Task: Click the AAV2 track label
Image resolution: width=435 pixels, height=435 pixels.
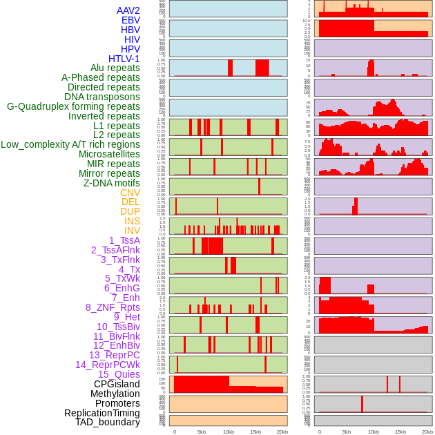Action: coord(128,10)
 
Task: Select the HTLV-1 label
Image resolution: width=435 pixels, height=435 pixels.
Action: coord(124,59)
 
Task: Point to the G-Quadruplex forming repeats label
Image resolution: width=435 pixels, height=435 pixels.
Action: coord(73,107)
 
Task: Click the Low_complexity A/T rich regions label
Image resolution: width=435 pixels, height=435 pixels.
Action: coord(70,145)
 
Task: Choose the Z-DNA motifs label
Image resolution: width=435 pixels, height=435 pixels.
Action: coord(111,184)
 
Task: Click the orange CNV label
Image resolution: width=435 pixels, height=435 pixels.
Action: coord(130,193)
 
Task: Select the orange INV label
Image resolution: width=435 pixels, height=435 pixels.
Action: coord(132,231)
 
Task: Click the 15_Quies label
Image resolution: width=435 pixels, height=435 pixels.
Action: coord(119,374)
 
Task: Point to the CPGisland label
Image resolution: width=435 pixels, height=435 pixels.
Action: coord(117,384)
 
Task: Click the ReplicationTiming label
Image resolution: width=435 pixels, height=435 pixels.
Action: coord(101,413)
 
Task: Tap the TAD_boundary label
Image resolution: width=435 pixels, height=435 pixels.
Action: coord(108,422)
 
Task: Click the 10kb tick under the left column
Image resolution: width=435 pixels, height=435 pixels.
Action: coord(229,432)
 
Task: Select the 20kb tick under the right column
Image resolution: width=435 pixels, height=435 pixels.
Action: coord(427,432)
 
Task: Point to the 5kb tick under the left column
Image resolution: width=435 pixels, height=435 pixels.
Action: coord(202,432)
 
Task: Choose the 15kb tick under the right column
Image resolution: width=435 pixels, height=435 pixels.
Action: coord(400,432)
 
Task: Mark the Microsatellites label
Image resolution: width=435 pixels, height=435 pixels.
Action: coord(109,155)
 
